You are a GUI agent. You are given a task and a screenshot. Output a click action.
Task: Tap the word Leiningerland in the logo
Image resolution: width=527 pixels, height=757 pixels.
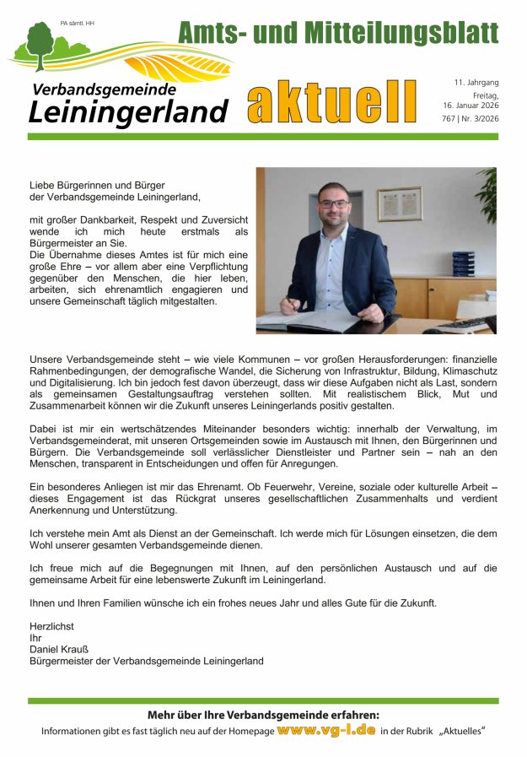128,111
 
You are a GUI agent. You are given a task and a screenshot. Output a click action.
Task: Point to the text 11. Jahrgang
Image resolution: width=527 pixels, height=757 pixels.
476,83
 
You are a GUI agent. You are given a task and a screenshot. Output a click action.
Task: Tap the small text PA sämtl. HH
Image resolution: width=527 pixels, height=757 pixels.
78,23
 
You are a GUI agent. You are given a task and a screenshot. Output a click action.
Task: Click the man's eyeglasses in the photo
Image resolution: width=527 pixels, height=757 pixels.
332,203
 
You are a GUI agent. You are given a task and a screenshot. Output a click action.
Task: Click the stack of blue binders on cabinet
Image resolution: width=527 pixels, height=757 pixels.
463,263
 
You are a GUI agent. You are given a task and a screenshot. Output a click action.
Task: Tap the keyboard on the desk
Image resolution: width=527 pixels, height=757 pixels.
462,325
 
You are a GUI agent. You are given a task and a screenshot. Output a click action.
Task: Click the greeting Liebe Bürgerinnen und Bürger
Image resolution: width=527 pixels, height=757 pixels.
96,185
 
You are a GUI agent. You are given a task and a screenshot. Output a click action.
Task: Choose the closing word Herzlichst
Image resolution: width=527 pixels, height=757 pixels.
51,626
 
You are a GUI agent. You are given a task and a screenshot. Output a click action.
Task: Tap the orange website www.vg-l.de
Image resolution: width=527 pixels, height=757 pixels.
325,729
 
